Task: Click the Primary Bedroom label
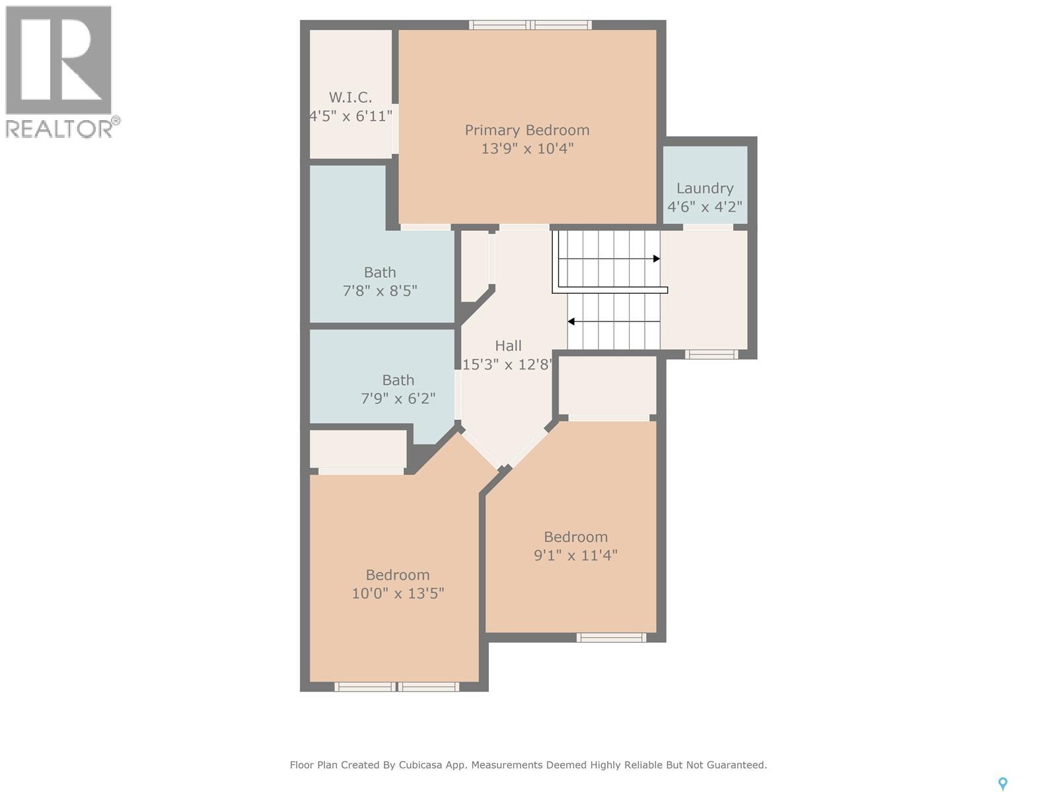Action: point(527,130)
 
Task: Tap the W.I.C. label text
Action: point(350,98)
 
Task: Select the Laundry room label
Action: point(705,189)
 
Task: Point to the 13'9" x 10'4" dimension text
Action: point(527,148)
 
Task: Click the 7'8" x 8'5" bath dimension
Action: point(380,291)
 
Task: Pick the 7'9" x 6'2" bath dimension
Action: point(398,399)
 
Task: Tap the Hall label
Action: point(509,346)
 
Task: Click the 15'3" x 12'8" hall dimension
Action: point(507,364)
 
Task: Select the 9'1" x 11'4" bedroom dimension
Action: point(575,556)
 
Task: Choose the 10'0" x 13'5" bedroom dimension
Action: point(398,593)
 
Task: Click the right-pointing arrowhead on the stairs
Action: point(657,259)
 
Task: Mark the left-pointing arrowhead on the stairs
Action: point(571,321)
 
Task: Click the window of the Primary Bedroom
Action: point(530,25)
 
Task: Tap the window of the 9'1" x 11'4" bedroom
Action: point(612,638)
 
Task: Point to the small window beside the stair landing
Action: point(711,354)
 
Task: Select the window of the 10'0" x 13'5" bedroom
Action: point(397,686)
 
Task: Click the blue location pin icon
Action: point(1003,784)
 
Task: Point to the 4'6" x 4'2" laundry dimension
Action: point(705,207)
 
